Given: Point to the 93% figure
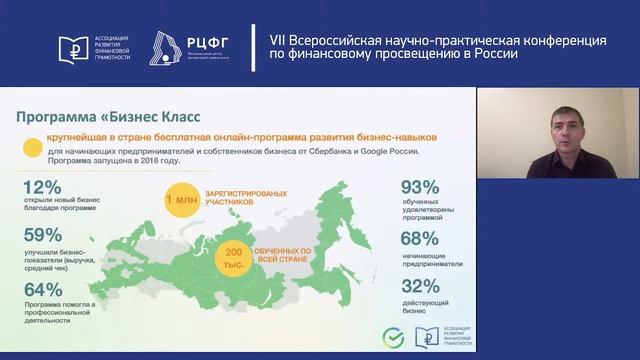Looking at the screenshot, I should [x=420, y=188].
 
